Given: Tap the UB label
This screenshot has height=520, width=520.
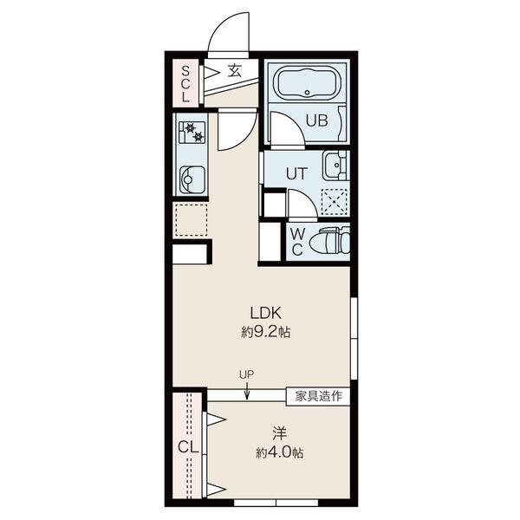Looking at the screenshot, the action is [316, 120].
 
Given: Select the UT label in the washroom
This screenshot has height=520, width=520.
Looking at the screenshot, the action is [296, 173].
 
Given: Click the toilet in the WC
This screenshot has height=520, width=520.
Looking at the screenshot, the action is [329, 241].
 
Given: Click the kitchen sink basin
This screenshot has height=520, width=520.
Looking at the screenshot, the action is [192, 179].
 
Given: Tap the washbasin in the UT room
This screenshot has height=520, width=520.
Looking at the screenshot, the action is [335, 165].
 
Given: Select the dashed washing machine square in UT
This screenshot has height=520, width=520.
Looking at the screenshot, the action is [334, 202].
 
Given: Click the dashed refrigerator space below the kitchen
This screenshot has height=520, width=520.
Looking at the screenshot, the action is [192, 220].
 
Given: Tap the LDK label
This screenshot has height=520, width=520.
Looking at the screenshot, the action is [266, 313].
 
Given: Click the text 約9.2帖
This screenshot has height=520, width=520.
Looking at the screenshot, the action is [266, 331].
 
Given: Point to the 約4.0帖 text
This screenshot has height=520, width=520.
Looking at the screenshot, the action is [279, 452].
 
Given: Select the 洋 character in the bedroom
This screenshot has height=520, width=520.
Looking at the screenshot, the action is [279, 433].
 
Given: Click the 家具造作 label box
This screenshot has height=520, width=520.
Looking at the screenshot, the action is [318, 396].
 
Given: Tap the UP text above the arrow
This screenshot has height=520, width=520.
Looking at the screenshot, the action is [246, 374].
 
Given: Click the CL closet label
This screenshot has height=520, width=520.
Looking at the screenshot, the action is [188, 448].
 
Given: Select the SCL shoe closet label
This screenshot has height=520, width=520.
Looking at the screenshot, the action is [185, 84].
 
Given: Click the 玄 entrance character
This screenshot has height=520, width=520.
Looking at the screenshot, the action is [235, 71].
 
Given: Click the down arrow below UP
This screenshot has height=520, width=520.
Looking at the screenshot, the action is [247, 391].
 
